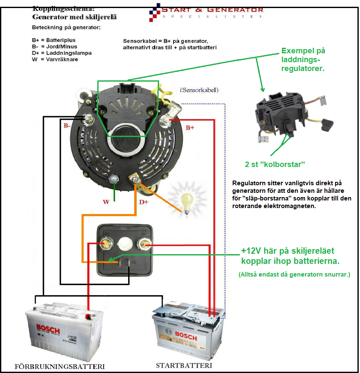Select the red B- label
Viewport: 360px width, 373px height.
[x=67, y=126]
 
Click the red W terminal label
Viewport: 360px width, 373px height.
[x=106, y=202]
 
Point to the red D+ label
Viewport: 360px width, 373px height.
[x=144, y=202]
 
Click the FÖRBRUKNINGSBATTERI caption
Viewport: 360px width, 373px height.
[x=60, y=366]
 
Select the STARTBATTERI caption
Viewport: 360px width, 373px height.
[x=184, y=365]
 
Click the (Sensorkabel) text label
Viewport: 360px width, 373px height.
[x=199, y=90]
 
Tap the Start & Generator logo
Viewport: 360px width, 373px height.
[x=207, y=11]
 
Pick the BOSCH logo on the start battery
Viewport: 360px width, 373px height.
[x=189, y=337]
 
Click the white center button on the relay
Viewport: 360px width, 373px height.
[x=125, y=244]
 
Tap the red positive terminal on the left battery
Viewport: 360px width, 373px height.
[x=88, y=315]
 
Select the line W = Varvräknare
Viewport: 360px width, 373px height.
[x=55, y=59]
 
